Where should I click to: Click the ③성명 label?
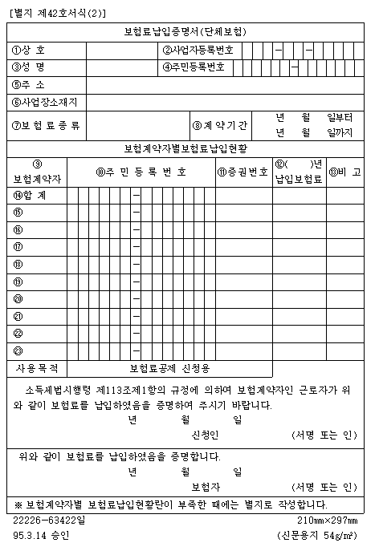[29, 67]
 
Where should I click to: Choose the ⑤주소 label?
[29, 84]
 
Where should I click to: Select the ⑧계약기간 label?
[220, 125]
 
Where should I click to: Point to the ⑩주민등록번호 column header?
[141, 171]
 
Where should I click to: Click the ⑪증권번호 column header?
[242, 171]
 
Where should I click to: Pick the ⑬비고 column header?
[344, 171]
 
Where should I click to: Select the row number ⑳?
[18, 298]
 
